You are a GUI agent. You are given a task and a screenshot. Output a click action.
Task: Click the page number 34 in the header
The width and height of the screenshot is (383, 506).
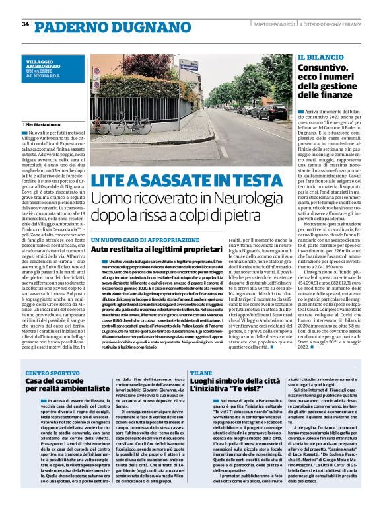(25, 24)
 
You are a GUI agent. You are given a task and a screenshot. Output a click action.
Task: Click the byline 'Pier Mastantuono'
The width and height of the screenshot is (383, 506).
(47, 124)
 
